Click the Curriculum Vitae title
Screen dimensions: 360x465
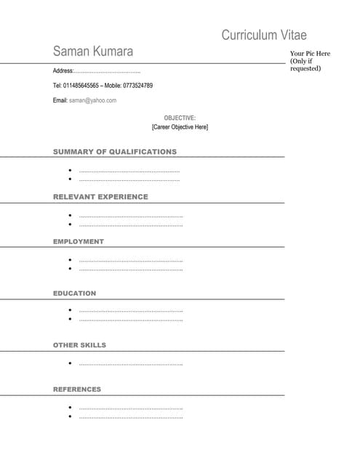tap(264, 35)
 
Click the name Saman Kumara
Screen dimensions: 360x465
tap(92, 52)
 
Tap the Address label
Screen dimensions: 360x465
tap(63, 71)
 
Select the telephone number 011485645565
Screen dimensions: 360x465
tap(81, 86)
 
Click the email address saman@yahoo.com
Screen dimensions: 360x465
tap(92, 100)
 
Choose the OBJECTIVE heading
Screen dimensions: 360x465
tap(180, 118)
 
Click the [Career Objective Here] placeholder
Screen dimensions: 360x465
tap(180, 127)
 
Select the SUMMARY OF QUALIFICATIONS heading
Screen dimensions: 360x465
tap(115, 152)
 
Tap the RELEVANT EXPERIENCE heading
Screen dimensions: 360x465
tap(100, 197)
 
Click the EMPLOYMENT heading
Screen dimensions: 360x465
tap(79, 241)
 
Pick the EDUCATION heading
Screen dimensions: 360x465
tap(74, 294)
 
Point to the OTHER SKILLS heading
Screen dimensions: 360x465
tap(79, 345)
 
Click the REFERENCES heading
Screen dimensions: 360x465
tap(77, 389)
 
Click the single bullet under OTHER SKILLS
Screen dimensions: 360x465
tap(70, 363)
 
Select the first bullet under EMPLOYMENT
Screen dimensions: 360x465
tap(70, 259)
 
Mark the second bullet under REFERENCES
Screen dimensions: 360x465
tap(70, 416)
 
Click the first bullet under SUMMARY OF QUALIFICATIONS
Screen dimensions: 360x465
tap(70, 170)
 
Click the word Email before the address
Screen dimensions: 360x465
tap(60, 100)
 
